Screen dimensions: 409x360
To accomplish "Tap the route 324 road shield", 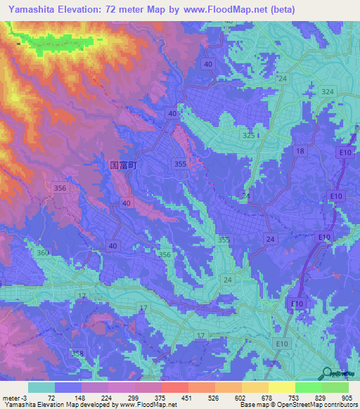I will click(x=327, y=92).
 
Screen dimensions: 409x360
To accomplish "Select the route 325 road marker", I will click(x=248, y=135).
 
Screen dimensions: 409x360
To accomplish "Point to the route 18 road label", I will click(x=300, y=152).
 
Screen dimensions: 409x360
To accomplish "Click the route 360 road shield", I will click(x=43, y=253).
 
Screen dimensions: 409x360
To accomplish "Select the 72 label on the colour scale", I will click(x=51, y=398).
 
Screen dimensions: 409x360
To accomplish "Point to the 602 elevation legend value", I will click(x=240, y=398).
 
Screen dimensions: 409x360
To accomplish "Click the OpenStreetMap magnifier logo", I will click(x=328, y=373).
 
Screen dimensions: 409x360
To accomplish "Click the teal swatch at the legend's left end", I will click(x=41, y=387).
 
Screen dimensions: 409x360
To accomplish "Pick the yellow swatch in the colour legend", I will click(x=281, y=387).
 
